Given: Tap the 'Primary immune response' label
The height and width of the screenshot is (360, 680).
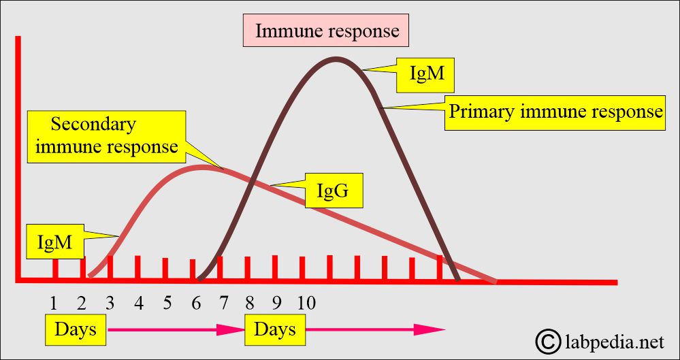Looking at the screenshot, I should click(x=555, y=112).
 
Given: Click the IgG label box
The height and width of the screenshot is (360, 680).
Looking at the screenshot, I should click(x=333, y=192).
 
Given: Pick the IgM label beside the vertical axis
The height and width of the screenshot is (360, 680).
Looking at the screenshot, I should click(x=54, y=241).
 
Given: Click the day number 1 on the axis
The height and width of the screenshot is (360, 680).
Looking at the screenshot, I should click(x=53, y=303).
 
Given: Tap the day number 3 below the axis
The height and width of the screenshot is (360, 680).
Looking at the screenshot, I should click(x=110, y=303).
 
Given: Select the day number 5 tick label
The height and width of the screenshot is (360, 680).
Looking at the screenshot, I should click(x=167, y=303).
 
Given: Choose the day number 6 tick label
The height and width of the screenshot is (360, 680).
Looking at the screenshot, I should click(x=196, y=303).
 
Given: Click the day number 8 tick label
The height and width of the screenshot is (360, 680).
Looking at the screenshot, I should click(x=249, y=303).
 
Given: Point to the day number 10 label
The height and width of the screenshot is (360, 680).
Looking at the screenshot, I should click(x=306, y=303).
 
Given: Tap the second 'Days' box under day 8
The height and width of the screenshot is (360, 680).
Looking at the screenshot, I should click(x=274, y=329).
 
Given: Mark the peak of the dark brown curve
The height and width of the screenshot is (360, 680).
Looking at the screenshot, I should click(x=334, y=59).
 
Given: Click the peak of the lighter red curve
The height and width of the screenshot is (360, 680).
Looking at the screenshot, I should click(x=201, y=166).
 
